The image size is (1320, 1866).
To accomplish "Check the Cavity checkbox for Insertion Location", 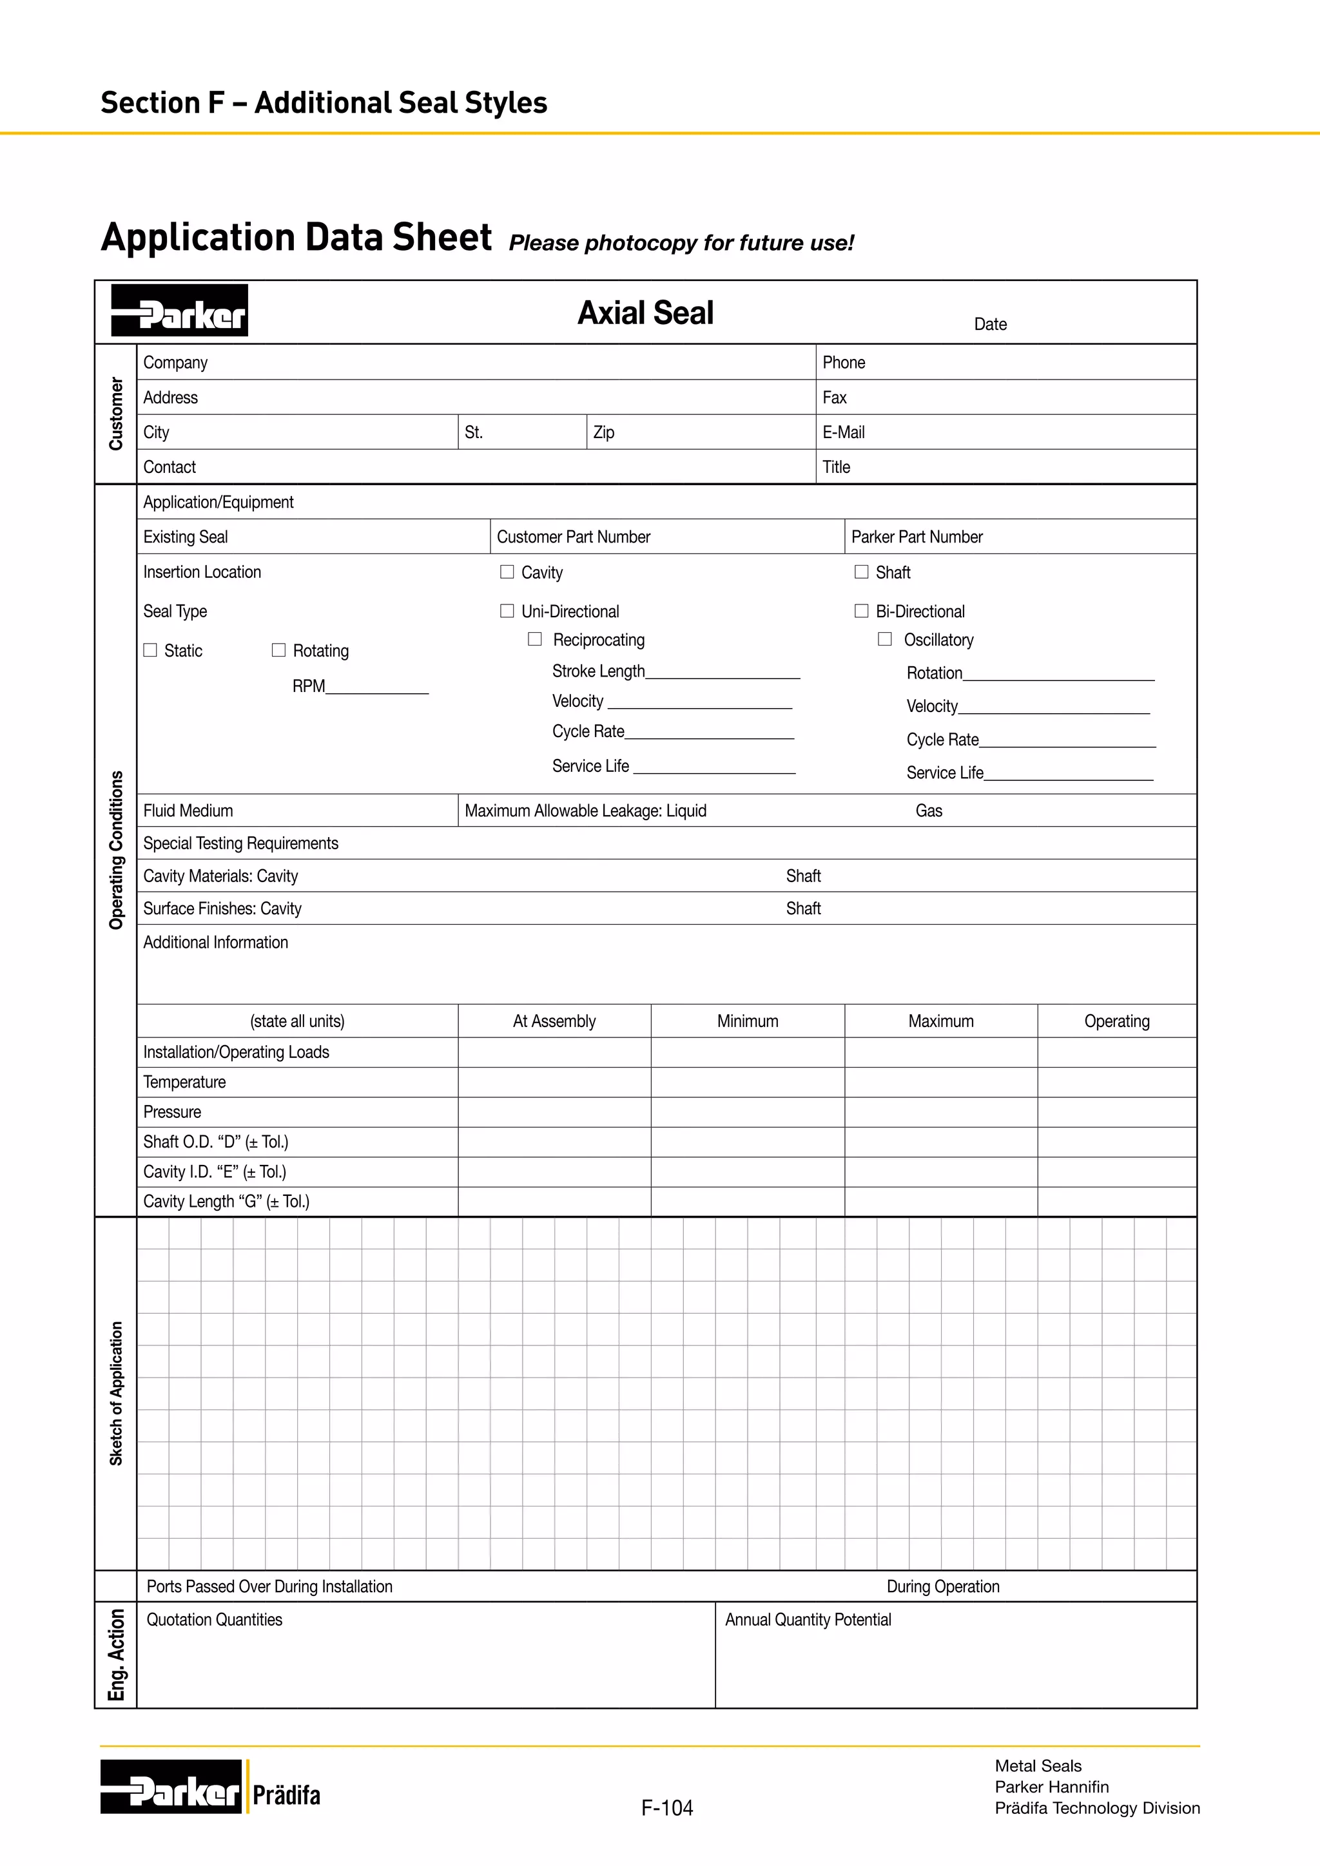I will [507, 572].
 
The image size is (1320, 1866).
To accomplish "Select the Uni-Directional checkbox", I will [507, 611].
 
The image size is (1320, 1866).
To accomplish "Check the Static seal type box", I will [150, 650].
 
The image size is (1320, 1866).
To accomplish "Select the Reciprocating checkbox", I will [535, 640].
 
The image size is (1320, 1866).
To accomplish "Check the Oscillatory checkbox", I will [885, 640].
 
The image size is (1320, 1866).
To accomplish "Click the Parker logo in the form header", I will [180, 311].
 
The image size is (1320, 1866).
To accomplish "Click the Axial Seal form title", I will [645, 313].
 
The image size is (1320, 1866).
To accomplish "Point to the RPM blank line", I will [376, 688].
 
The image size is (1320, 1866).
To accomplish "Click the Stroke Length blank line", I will [723, 672].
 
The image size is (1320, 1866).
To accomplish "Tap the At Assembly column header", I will [554, 1021].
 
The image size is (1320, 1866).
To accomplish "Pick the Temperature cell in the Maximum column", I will [940, 1082].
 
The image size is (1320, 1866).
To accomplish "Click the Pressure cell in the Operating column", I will [1117, 1113].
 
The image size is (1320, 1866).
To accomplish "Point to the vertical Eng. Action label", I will [116, 1655].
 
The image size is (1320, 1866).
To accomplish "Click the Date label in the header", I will [990, 324].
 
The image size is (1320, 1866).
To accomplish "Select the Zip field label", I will [604, 432].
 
